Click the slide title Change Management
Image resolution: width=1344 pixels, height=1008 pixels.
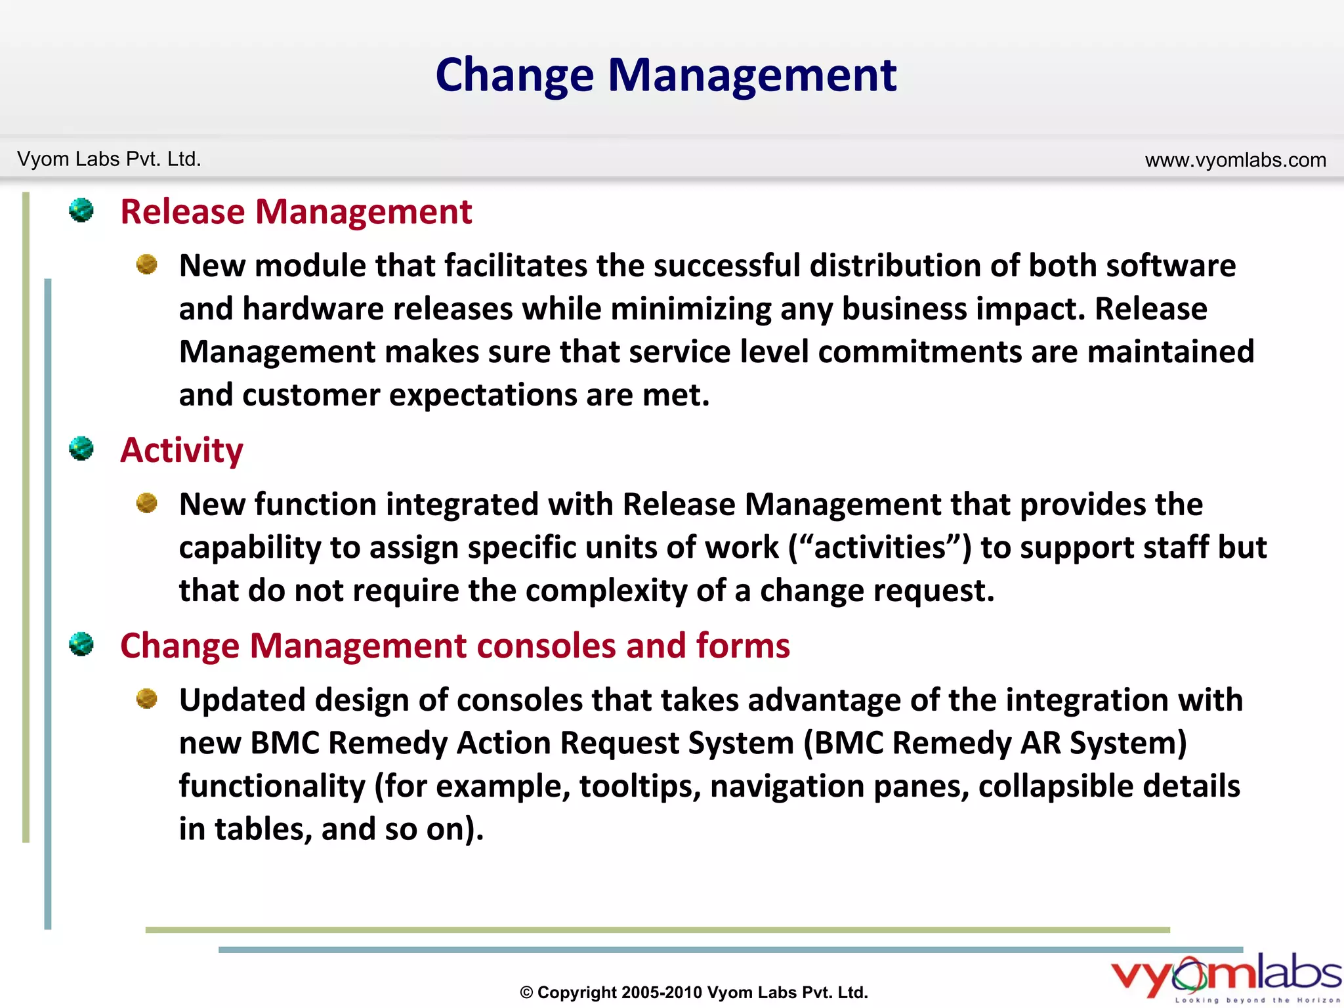pos(665,75)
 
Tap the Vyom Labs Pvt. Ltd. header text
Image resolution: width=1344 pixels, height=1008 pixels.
pos(109,159)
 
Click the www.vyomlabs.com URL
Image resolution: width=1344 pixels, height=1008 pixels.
pos(1235,160)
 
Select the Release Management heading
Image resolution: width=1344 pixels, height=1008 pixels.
pos(296,212)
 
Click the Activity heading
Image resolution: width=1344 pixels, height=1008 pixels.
pos(182,450)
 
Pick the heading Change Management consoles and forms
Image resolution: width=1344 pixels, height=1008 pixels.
pos(455,646)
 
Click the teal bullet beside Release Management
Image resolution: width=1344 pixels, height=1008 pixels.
pos(81,211)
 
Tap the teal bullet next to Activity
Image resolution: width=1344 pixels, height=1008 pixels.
pos(81,449)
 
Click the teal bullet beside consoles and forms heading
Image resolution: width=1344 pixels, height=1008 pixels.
pos(81,644)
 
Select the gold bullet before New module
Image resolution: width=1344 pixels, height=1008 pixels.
pos(146,264)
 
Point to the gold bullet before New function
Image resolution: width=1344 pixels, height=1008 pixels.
pos(146,503)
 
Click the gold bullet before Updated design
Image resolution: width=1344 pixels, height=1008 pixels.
pos(146,699)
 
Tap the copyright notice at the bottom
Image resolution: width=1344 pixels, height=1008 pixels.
pos(694,992)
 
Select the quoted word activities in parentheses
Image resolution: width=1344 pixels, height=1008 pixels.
pos(879,547)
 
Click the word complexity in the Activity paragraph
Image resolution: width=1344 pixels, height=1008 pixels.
pos(606,591)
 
